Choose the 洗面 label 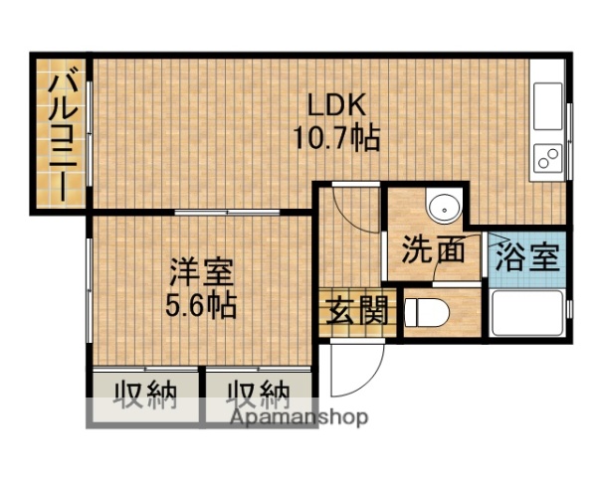(435, 251)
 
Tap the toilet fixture (426, 312)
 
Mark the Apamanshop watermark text (299, 417)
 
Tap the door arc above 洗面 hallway (351, 204)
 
